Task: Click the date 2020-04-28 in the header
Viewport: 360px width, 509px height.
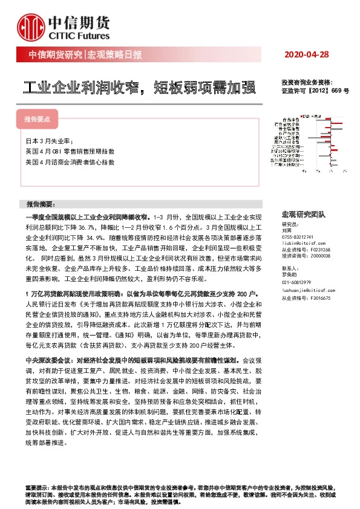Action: (x=308, y=54)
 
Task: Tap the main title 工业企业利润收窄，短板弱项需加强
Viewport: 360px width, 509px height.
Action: (x=138, y=88)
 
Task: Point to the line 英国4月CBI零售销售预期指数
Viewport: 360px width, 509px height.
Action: (x=70, y=151)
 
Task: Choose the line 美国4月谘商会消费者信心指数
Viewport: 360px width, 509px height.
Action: (x=70, y=163)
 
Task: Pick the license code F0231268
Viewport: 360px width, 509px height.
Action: (x=318, y=249)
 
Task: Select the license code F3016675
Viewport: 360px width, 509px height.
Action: (x=318, y=299)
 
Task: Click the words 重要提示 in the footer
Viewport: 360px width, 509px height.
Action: (x=34, y=487)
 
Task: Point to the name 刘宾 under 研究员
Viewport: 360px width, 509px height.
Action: (x=287, y=230)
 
